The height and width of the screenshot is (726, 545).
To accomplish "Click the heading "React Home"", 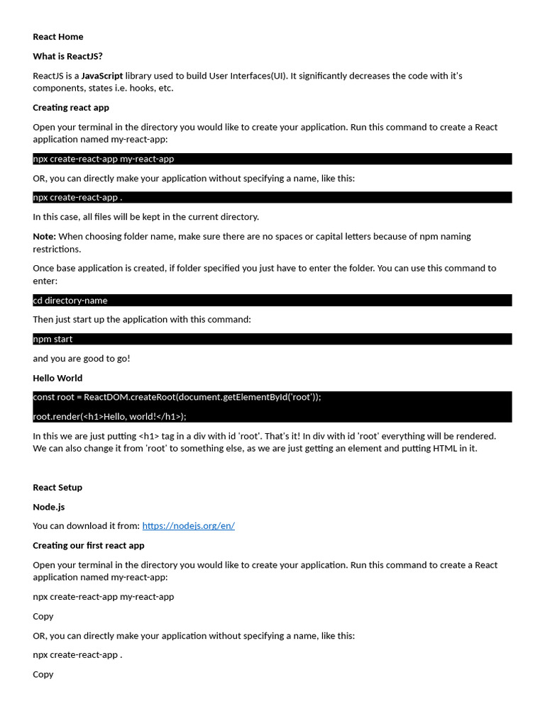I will [x=58, y=37].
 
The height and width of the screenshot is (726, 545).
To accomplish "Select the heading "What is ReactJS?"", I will [x=67, y=56].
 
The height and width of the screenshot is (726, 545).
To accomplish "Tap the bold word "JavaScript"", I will [x=102, y=76].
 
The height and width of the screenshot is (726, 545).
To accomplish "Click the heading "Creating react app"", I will [x=71, y=108].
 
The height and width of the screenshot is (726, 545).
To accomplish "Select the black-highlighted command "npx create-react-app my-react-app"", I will [x=104, y=159].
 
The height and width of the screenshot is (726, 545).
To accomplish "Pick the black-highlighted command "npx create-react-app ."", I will [x=77, y=197].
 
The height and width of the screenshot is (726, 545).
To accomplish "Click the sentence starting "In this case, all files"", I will [x=145, y=217].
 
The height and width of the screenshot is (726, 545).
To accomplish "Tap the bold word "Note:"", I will [x=44, y=236].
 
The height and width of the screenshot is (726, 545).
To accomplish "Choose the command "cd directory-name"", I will [x=70, y=301].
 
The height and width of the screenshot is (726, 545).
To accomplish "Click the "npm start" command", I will [x=53, y=339].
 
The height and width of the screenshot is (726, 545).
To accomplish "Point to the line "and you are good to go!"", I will [x=82, y=359].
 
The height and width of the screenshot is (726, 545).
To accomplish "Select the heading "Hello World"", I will [x=57, y=378].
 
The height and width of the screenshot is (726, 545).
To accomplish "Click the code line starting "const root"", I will [x=177, y=397].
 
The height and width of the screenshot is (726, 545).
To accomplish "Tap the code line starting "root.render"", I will [x=109, y=416].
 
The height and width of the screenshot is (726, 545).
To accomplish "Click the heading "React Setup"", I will [x=57, y=487].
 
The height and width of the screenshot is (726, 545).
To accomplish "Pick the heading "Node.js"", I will [x=48, y=507].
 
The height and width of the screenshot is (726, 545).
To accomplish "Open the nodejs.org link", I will [x=188, y=526].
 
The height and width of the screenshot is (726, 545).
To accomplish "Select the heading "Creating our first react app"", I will [x=89, y=545].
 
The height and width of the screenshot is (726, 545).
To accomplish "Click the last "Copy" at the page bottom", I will [x=43, y=674].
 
